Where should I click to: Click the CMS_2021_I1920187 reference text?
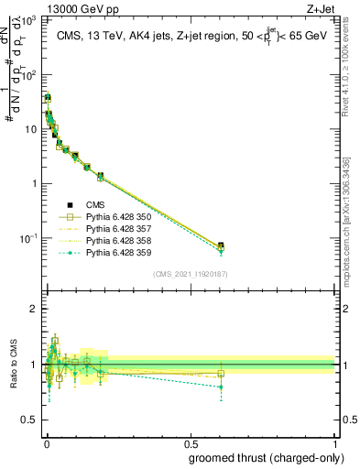(190, 274)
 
